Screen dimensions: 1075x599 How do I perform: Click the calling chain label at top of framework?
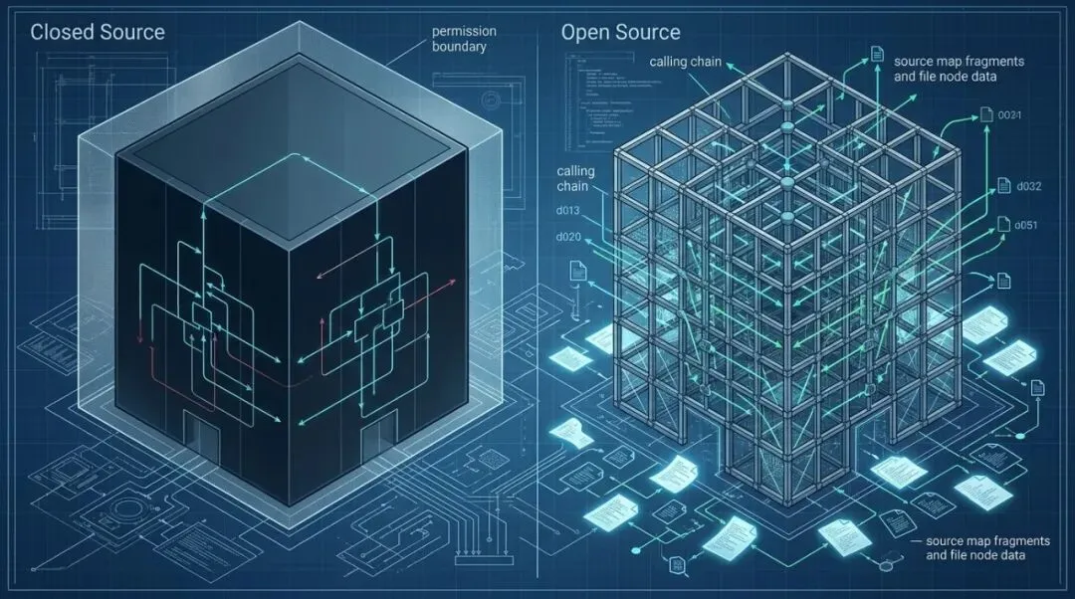(x=686, y=63)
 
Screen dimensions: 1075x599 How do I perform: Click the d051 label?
(x=1025, y=225)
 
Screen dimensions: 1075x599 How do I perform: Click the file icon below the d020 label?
(x=575, y=269)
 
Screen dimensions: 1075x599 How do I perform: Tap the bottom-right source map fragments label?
(x=986, y=547)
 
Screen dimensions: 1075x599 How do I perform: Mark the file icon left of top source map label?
(x=876, y=53)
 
